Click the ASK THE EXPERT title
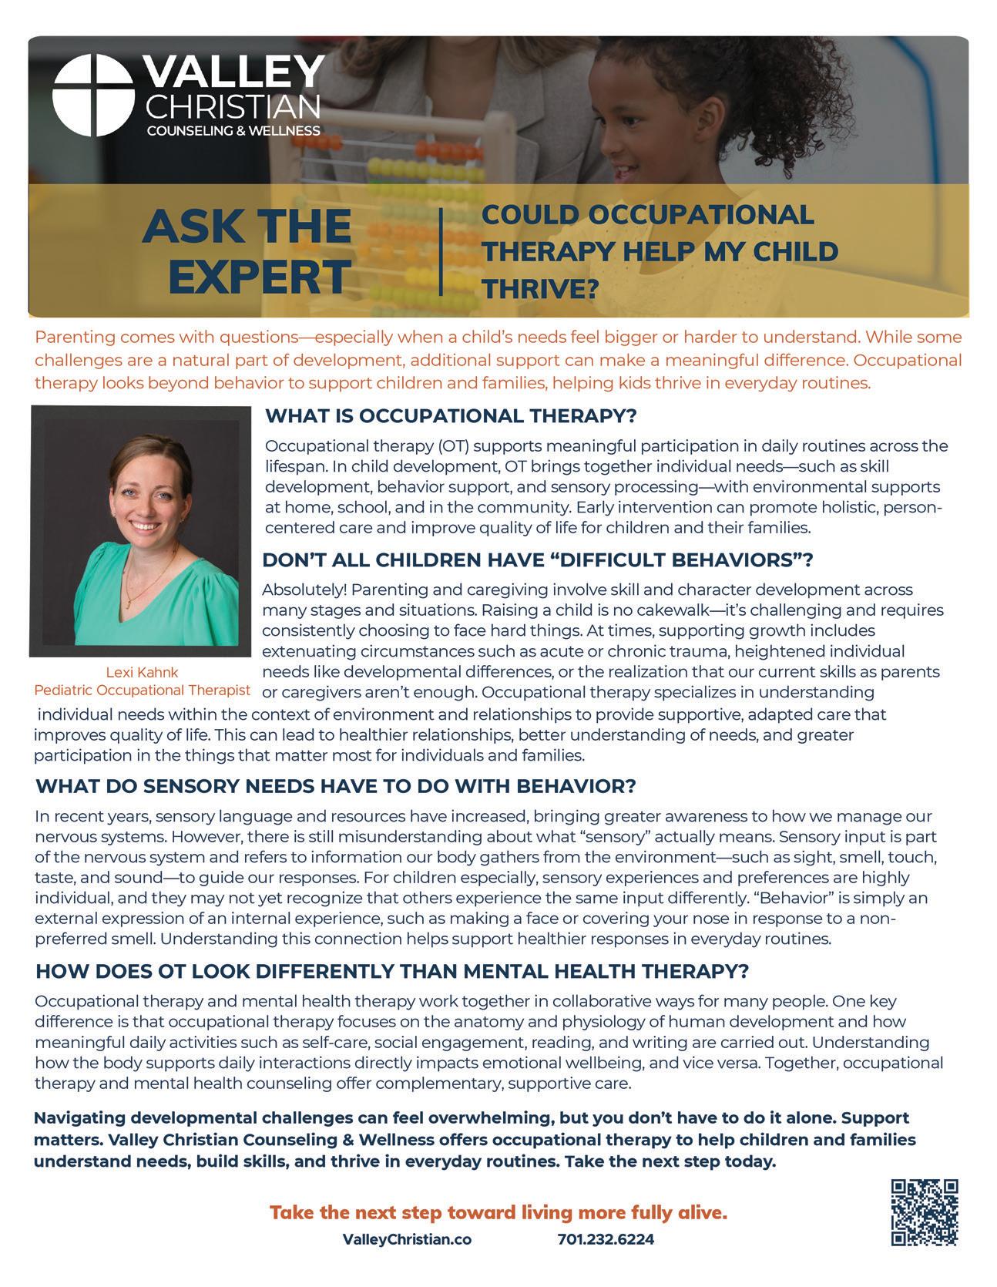coord(247,251)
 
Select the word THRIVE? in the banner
coord(540,288)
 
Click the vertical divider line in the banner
coord(441,251)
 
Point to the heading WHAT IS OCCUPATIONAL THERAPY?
coord(451,416)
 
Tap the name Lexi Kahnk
coord(142,672)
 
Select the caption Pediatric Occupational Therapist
coord(143,690)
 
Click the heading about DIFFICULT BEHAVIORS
coord(538,560)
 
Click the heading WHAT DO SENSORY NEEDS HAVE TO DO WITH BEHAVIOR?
coord(335,787)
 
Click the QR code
coord(924,1211)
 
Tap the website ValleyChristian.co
coord(406,1240)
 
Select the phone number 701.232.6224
coord(606,1240)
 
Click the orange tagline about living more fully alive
coord(498,1213)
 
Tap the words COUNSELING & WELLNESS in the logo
coord(233,131)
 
